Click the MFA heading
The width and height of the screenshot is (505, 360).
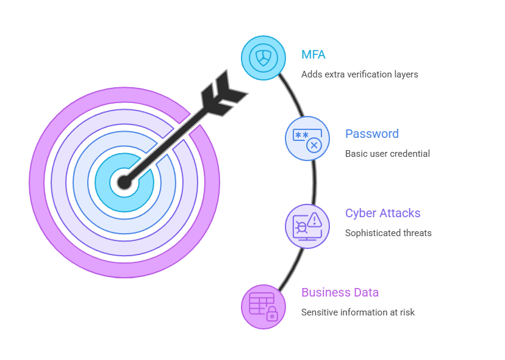pos(313,54)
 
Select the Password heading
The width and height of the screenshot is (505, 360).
pos(371,134)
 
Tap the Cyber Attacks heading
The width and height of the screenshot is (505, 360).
pos(382,213)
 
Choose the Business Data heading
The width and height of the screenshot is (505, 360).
pos(340,292)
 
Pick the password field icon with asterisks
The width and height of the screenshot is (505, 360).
pos(307,138)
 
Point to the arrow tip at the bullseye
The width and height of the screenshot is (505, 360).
pos(124,182)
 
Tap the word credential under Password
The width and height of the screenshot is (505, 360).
pos(409,153)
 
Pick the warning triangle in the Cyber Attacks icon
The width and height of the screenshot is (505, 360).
pos(315,219)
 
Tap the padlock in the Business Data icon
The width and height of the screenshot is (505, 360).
pos(271,314)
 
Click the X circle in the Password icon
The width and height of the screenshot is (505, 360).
pos(314,145)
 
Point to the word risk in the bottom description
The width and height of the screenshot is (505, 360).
pos(406,312)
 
